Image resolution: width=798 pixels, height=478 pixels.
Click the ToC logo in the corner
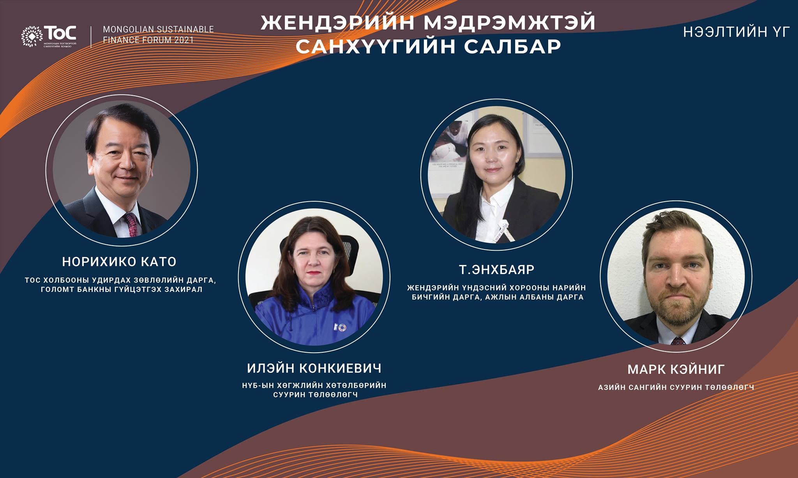coord(49,36)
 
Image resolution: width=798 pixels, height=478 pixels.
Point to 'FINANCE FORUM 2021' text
coord(148,40)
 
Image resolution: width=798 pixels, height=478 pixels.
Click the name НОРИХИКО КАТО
coord(119,262)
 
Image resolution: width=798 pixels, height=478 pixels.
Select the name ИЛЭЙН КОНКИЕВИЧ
coord(314,368)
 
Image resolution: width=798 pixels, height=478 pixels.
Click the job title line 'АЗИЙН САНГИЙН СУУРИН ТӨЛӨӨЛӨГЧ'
coord(676,388)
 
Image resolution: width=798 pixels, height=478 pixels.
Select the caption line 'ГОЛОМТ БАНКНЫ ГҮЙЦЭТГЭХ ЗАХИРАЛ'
coord(121,290)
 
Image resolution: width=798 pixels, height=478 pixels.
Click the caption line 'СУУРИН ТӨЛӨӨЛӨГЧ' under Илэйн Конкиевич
coord(315,395)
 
